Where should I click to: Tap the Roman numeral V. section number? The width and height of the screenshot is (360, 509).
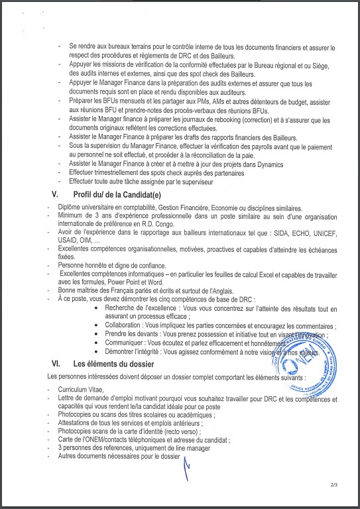tap(55, 194)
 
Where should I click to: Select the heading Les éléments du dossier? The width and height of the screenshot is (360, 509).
tap(113, 363)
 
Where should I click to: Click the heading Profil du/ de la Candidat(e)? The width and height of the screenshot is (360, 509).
tap(117, 194)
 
